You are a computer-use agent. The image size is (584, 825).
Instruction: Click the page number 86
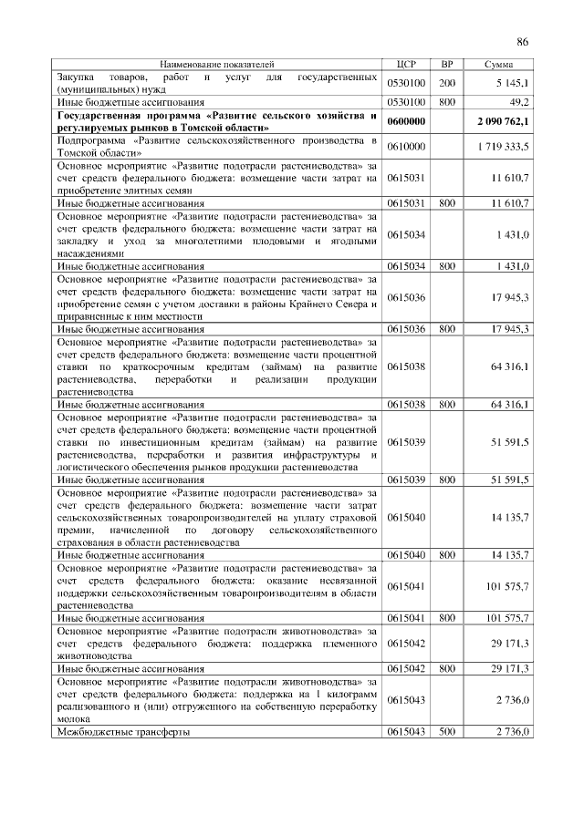tap(522, 41)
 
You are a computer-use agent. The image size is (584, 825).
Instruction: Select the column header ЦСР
tap(406, 65)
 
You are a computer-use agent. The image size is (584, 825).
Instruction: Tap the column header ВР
tap(446, 65)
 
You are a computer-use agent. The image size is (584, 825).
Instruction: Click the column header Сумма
tap(498, 65)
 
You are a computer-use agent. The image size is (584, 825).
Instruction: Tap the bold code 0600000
tap(406, 121)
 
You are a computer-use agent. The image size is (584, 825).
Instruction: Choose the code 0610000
tap(406, 147)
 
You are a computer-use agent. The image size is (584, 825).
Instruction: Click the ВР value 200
tap(446, 83)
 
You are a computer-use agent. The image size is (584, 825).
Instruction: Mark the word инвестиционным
tap(170, 441)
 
